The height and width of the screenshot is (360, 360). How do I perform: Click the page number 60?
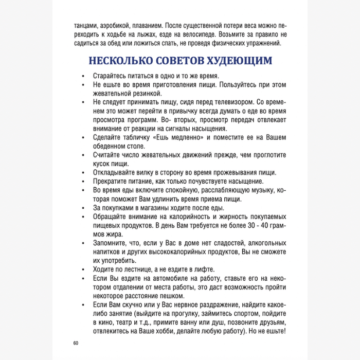tap(76, 343)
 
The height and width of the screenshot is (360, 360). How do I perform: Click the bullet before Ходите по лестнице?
tap(84, 269)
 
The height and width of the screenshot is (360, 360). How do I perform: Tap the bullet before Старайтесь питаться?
tap(84, 76)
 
